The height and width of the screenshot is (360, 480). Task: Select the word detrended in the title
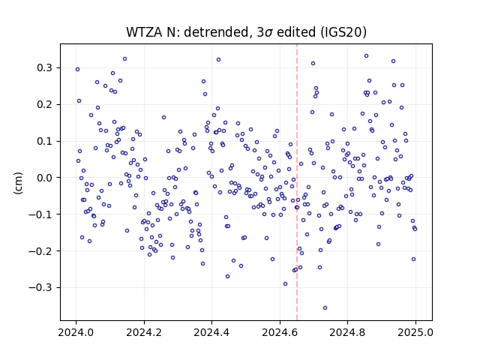[217, 32]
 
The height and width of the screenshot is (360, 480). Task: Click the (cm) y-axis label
[18, 183]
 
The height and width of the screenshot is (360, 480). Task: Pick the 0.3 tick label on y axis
[44, 67]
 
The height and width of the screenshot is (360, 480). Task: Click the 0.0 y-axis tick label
[44, 178]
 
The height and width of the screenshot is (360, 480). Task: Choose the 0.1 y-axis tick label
[44, 141]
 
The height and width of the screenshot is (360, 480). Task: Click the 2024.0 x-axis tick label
[76, 332]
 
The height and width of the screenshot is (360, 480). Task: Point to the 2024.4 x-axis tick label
[211, 332]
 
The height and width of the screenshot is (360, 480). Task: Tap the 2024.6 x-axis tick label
[280, 332]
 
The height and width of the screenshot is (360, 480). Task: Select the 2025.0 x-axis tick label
[415, 332]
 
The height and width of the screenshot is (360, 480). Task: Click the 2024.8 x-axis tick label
[347, 332]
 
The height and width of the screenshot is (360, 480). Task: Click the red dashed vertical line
[297, 182]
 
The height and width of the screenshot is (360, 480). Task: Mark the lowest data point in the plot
[325, 307]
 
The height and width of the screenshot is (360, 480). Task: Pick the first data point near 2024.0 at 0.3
[77, 70]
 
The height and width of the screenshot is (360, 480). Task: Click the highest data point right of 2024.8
[366, 56]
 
